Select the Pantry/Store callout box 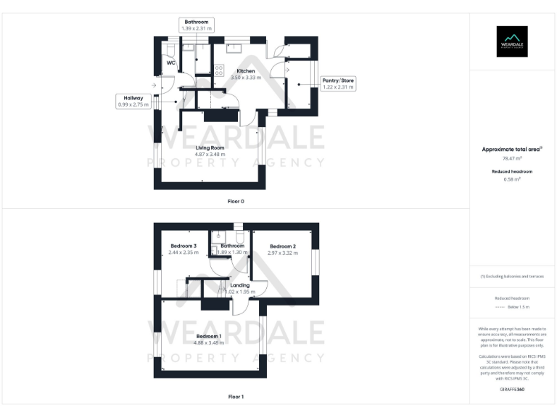[x=338, y=83]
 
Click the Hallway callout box [x=133, y=101]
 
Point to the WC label [x=171, y=63]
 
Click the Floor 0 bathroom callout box [x=196, y=25]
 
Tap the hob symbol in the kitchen [x=218, y=70]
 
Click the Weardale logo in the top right [x=512, y=41]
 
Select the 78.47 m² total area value [x=512, y=157]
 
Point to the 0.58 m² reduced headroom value [x=512, y=179]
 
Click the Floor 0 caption [x=236, y=200]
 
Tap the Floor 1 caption [x=236, y=397]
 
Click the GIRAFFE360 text [x=512, y=390]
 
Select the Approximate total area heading [x=512, y=149]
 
